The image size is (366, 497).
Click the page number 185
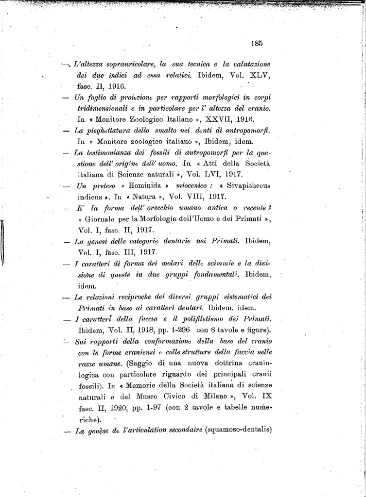tap(257, 43)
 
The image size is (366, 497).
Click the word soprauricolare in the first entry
tap(127, 64)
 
